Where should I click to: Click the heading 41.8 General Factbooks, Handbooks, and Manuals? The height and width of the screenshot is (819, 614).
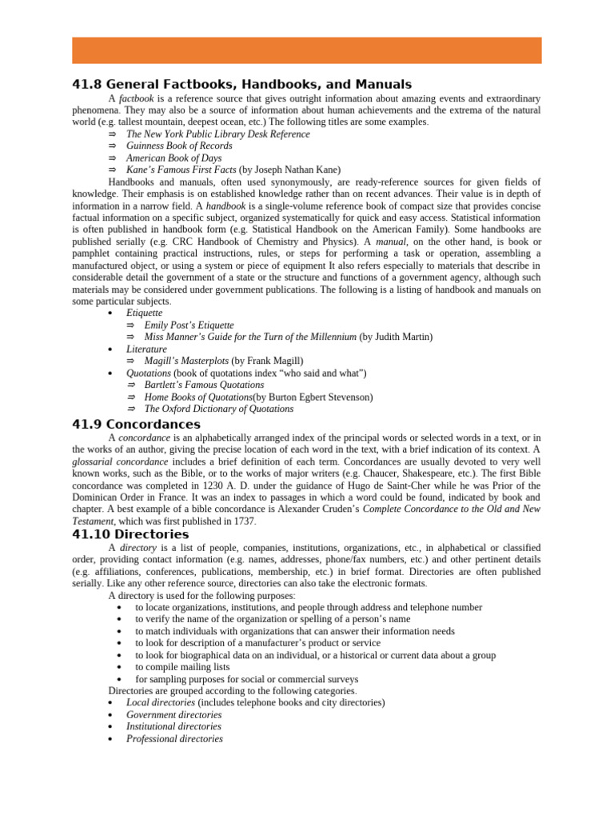click(241, 84)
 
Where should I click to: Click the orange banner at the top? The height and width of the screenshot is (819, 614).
click(307, 50)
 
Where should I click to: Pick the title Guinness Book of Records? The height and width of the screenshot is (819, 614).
click(179, 146)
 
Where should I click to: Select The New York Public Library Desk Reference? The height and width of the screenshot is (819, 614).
click(217, 134)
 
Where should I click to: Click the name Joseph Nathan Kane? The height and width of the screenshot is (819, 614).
click(296, 170)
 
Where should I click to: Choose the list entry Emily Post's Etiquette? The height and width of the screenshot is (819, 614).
click(189, 326)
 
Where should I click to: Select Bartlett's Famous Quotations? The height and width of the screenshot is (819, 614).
click(204, 386)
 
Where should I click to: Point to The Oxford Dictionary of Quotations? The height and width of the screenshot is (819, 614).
click(218, 409)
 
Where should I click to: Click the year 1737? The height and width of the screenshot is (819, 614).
click(245, 521)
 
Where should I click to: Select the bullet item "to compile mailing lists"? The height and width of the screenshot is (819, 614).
click(182, 667)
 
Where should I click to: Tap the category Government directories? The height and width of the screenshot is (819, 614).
click(173, 715)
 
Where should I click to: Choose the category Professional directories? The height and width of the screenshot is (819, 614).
click(174, 739)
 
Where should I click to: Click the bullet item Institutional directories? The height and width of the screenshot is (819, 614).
click(173, 727)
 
